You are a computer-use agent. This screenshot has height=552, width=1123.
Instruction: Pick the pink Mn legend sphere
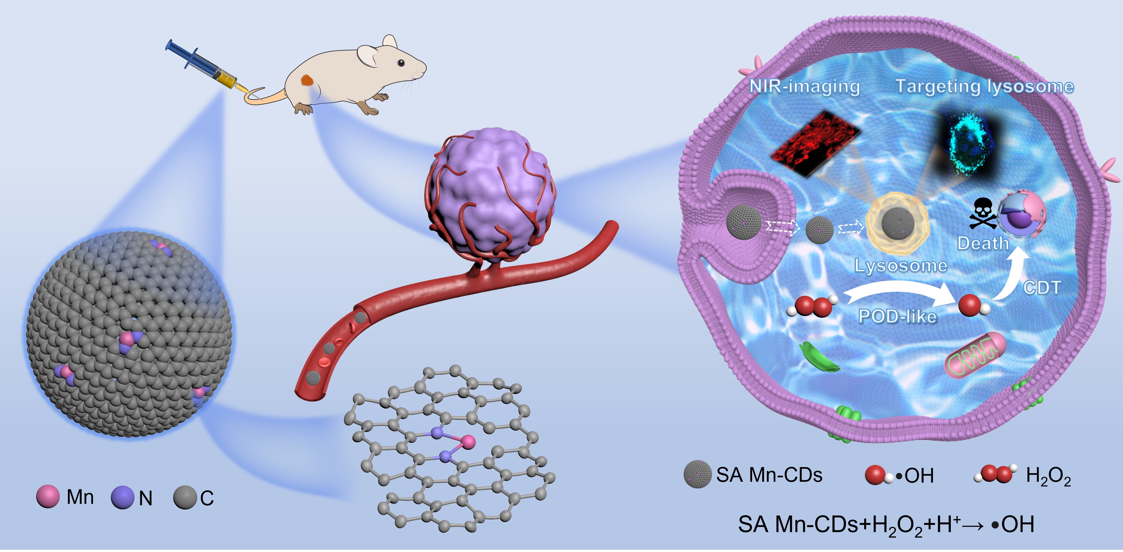[48, 497]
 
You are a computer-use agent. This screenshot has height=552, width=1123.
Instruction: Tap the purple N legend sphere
[123, 498]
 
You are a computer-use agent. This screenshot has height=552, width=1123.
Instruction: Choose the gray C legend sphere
[185, 498]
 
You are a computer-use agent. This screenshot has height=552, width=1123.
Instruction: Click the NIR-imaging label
[804, 86]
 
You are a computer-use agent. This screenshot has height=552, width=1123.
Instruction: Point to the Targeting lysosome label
[984, 86]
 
